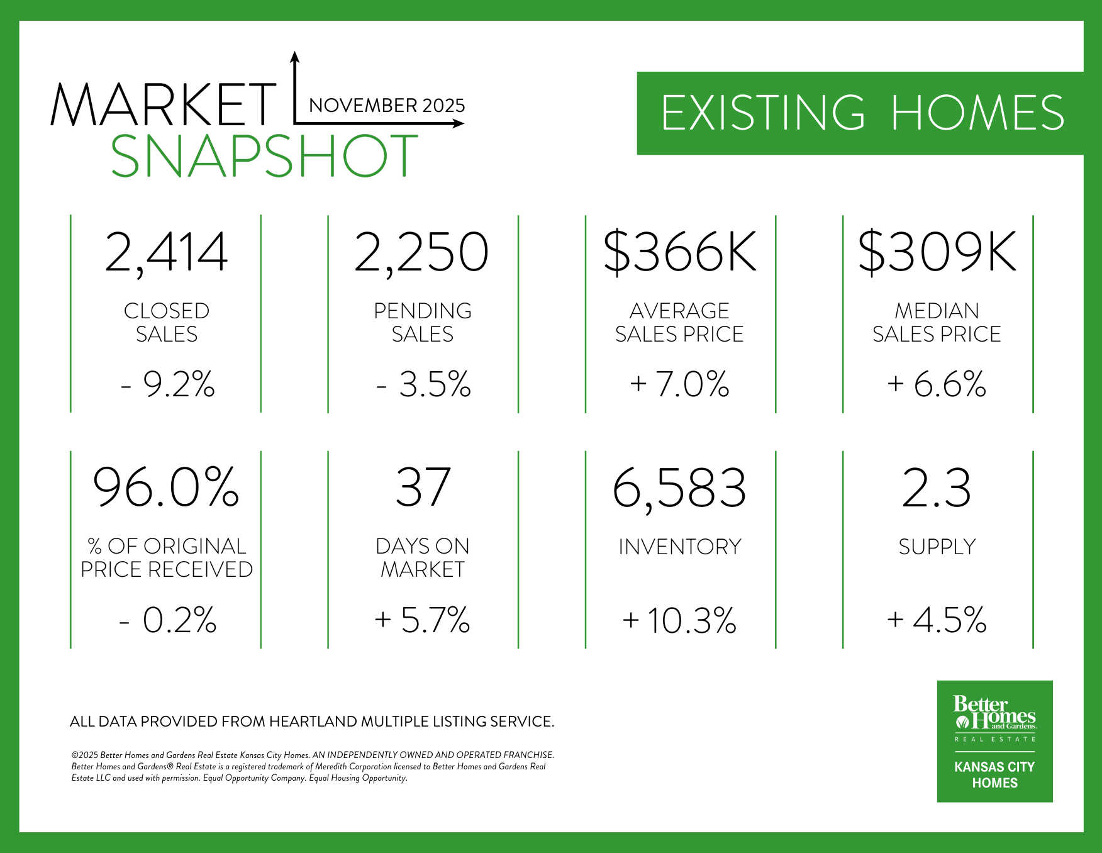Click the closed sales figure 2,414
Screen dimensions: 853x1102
166,252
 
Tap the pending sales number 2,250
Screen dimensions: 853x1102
421,252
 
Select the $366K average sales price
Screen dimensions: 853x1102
680,252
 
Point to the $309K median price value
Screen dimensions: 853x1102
937,252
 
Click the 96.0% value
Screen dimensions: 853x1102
166,488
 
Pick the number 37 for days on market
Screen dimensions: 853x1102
423,488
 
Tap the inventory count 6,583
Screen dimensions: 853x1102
679,488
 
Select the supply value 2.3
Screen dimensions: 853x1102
937,488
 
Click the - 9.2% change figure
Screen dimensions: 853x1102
167,384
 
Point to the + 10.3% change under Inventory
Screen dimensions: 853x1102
679,620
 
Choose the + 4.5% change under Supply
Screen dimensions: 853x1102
937,620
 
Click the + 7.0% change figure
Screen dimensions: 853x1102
679,384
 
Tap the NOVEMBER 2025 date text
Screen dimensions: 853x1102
387,105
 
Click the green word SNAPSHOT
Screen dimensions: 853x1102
264,156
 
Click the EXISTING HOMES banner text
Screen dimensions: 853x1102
862,113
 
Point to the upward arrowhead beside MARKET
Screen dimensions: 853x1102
294,57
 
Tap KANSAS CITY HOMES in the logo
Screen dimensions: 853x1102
994,775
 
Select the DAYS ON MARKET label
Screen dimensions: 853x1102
423,557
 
